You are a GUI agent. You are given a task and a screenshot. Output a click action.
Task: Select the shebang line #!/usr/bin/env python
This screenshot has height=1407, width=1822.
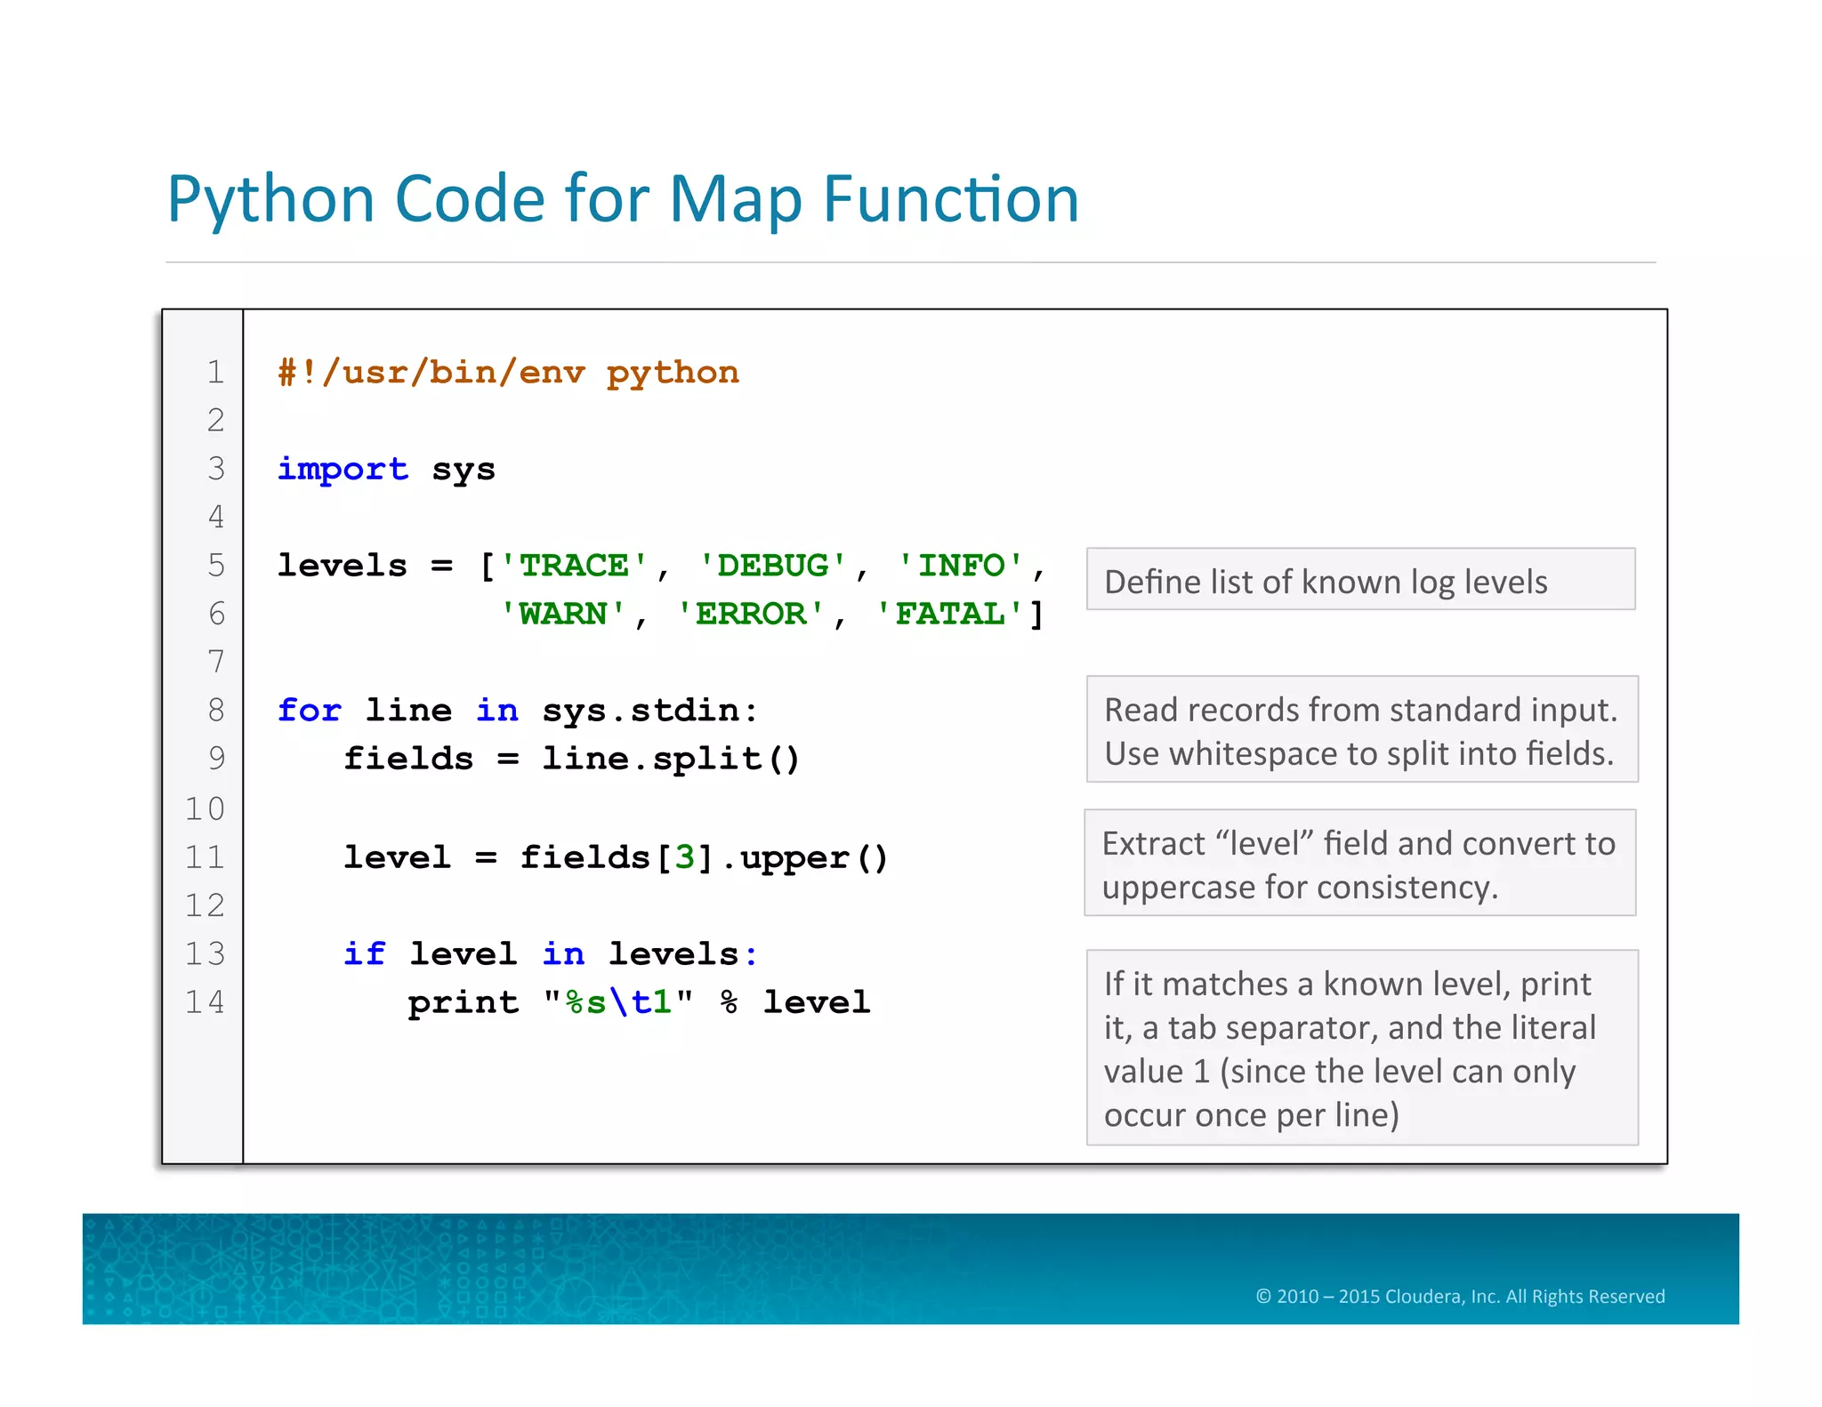tap(508, 373)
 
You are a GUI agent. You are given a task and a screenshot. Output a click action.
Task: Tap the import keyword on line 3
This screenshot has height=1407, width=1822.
tap(343, 469)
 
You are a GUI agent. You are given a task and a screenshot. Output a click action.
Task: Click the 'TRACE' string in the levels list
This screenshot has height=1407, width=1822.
tap(574, 566)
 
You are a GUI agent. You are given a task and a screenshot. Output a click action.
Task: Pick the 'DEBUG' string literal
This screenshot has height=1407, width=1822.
tap(772, 566)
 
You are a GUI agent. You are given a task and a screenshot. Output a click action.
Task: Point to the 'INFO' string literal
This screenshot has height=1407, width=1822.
tap(961, 566)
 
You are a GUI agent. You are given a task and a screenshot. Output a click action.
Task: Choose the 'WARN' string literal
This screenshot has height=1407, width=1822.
tap(562, 614)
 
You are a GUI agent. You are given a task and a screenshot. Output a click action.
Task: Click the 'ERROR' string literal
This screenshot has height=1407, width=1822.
tap(751, 614)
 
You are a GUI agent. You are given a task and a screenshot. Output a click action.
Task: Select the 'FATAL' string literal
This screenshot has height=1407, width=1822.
tap(950, 614)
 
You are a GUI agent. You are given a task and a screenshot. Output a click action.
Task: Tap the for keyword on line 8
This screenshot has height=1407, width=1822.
tap(309, 711)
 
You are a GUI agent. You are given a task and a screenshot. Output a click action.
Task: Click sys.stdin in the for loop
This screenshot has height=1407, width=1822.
tap(649, 711)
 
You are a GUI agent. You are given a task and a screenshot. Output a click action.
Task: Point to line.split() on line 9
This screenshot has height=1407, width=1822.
tap(671, 759)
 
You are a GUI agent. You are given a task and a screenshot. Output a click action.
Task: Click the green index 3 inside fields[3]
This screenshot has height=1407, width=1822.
tap(684, 857)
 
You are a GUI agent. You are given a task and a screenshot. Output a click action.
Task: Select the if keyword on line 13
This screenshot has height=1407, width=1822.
tap(364, 954)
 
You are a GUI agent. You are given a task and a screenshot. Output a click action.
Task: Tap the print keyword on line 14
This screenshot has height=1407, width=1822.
tap(463, 1003)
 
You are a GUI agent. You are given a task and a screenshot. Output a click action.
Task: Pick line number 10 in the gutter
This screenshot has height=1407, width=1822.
tap(205, 808)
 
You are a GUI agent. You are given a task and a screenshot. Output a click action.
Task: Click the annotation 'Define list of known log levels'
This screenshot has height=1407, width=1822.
tap(1326, 582)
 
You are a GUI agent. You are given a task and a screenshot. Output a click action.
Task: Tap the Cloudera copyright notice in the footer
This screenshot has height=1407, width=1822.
tap(1459, 1296)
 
